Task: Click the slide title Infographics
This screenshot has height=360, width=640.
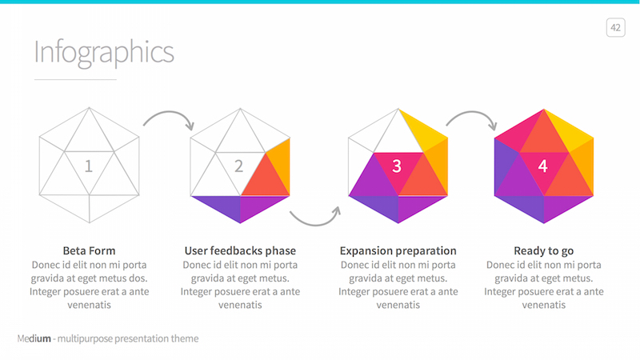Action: (104, 53)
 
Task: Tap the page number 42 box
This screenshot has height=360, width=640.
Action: (615, 28)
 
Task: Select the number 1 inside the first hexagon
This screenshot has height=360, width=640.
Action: (89, 166)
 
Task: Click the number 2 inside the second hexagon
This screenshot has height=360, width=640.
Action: (238, 166)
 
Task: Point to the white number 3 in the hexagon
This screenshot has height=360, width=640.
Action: (397, 166)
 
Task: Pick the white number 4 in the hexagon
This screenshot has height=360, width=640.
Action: (542, 166)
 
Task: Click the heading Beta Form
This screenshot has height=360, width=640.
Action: (89, 250)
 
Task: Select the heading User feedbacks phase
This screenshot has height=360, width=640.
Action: (240, 250)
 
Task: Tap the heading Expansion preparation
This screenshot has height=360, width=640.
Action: (398, 250)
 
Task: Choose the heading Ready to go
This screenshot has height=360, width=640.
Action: (544, 250)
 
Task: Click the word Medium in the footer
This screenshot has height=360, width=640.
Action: (34, 338)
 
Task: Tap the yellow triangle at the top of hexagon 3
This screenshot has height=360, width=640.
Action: (422, 130)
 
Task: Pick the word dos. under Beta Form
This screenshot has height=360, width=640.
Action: (138, 278)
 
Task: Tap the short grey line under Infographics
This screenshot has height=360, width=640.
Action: (75, 79)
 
